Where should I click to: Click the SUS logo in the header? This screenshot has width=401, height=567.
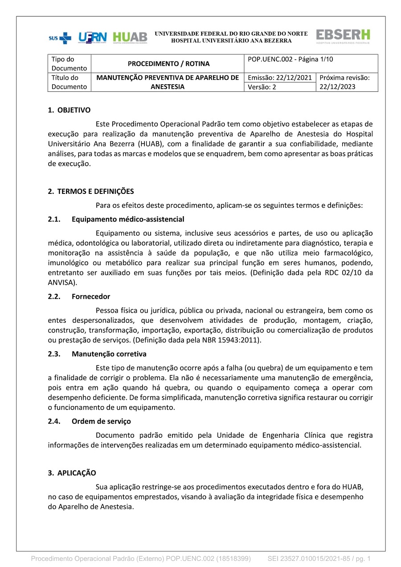click(60, 38)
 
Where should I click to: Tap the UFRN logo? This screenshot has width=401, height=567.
click(93, 38)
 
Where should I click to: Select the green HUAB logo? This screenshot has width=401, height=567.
click(130, 37)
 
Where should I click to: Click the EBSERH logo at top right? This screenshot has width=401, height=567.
click(343, 36)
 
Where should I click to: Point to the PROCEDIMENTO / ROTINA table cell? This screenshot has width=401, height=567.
click(168, 64)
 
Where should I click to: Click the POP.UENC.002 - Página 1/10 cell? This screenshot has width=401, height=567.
click(290, 59)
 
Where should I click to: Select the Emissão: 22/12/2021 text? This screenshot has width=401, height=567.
click(279, 78)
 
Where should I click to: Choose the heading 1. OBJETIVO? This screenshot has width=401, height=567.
click(69, 110)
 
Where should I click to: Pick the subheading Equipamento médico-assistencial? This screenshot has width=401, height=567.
click(127, 219)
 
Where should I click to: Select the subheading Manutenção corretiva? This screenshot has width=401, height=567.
click(109, 354)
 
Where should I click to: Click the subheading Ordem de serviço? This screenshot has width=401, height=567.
click(101, 421)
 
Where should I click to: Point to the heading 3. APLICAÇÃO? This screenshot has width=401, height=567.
click(72, 473)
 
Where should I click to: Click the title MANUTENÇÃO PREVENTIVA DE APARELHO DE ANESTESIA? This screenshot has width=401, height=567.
click(168, 82)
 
